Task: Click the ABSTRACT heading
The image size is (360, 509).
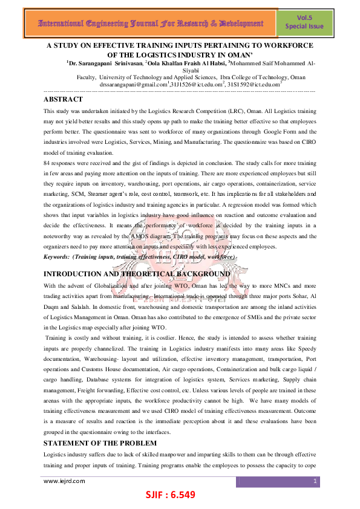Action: (63, 99)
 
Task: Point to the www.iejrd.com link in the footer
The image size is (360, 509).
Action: (64, 481)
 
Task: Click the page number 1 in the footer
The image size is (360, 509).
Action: (315, 481)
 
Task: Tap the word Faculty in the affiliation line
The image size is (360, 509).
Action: (87, 77)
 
